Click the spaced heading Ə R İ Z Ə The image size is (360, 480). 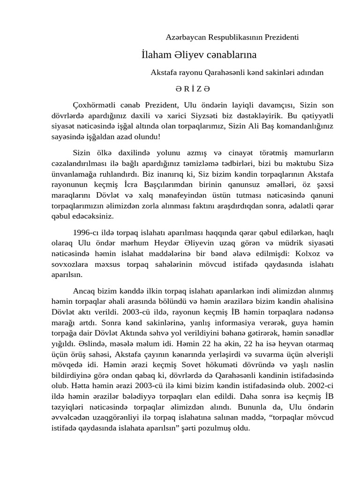click(192, 88)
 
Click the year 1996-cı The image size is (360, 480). click(87, 232)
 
